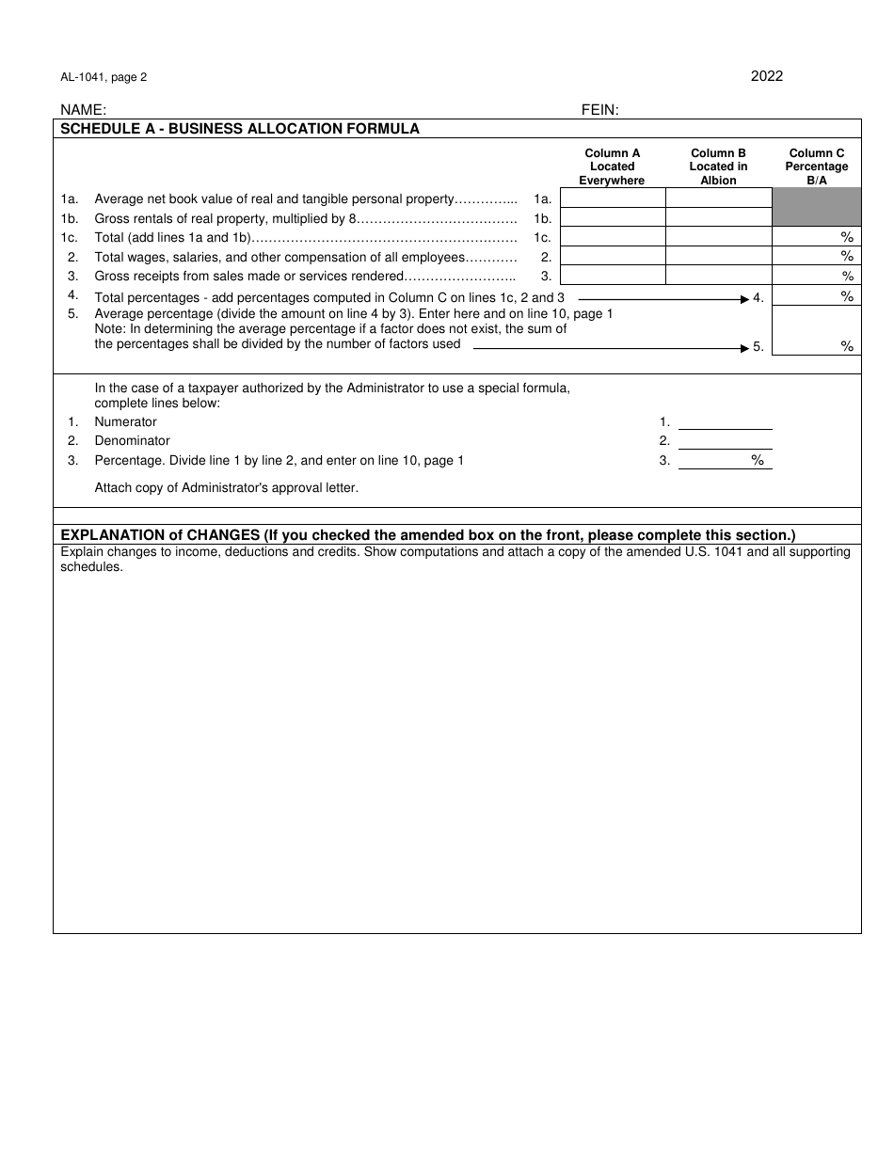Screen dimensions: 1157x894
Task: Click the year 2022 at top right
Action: (x=766, y=76)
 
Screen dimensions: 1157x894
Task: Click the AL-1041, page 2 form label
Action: (x=104, y=78)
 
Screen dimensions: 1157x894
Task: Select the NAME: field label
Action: (x=84, y=110)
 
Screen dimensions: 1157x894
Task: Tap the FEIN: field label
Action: (x=599, y=110)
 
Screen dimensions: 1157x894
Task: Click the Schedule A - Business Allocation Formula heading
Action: (x=240, y=129)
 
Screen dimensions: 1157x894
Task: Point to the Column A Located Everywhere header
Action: (x=612, y=166)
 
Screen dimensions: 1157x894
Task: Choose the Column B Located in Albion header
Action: (x=718, y=166)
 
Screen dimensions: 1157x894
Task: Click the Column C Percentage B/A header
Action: (x=816, y=166)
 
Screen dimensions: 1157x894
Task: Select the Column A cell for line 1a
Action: (x=612, y=198)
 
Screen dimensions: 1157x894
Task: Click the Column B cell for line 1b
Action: (x=718, y=218)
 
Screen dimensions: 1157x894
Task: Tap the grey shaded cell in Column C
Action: (x=816, y=207)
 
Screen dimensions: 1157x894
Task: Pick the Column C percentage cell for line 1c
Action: (x=816, y=237)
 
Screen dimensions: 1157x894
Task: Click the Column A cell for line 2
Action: (x=612, y=257)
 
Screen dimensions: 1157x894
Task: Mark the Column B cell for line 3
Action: (x=718, y=276)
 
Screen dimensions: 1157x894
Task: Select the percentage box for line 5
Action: (x=816, y=331)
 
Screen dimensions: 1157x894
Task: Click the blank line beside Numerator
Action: (x=725, y=421)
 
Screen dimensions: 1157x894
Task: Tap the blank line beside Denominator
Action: (x=725, y=440)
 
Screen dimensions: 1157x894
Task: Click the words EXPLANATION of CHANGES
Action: (x=160, y=535)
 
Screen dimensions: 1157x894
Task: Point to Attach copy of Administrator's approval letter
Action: (x=226, y=487)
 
